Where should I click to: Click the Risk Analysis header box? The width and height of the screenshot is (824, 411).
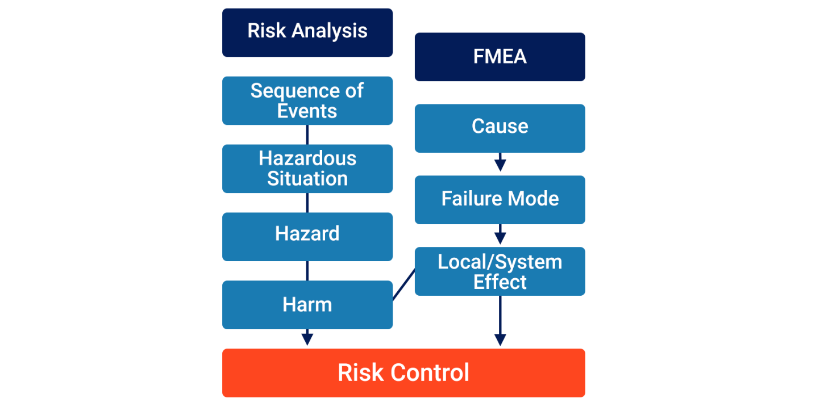pos(307,32)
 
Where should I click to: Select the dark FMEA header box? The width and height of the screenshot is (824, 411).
pos(500,57)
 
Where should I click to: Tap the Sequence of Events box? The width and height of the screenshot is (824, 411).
pos(307,100)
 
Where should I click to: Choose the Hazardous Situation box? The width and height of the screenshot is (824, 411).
pos(307,169)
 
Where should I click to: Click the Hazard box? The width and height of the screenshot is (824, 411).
pos(307,236)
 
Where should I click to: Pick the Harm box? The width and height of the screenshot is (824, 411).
pos(307,305)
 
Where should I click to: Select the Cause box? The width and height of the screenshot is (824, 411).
pos(500,128)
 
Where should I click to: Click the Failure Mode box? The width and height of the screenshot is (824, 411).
pos(500,199)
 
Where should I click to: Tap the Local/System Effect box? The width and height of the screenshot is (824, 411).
pos(500,271)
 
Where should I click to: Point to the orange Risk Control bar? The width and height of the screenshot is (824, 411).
pos(403,373)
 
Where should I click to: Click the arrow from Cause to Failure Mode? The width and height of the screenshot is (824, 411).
pos(500,162)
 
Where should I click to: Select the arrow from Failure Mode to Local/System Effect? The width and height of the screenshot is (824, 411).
pos(500,234)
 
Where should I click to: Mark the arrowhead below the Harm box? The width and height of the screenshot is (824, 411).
pos(307,338)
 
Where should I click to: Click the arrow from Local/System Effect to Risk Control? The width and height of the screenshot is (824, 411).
pos(500,321)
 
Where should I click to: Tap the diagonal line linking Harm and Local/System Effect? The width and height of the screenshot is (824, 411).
pos(403,286)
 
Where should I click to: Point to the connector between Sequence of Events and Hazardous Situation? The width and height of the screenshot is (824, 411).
pos(307,135)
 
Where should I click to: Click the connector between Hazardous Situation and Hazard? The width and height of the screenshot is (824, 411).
pos(307,203)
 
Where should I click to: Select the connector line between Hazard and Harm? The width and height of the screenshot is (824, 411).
pos(307,271)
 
